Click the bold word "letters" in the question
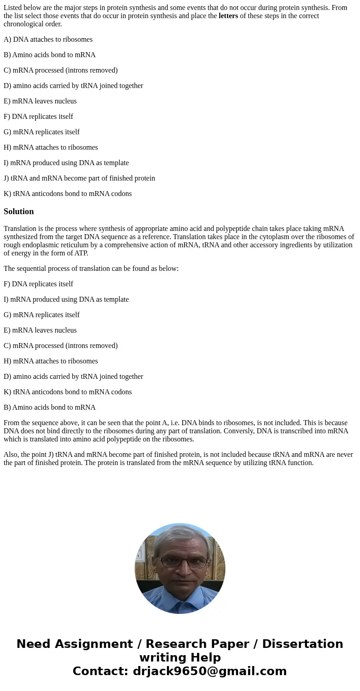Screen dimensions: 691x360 228,16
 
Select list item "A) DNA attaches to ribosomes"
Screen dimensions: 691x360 48,39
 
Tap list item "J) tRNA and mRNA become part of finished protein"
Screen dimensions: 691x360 79,178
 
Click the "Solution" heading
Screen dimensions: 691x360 19,211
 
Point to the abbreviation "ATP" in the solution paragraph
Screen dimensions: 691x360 81,253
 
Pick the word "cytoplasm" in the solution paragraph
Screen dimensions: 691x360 278,237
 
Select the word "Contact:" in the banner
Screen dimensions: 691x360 100,671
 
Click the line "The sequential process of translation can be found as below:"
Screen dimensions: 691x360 91,269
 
